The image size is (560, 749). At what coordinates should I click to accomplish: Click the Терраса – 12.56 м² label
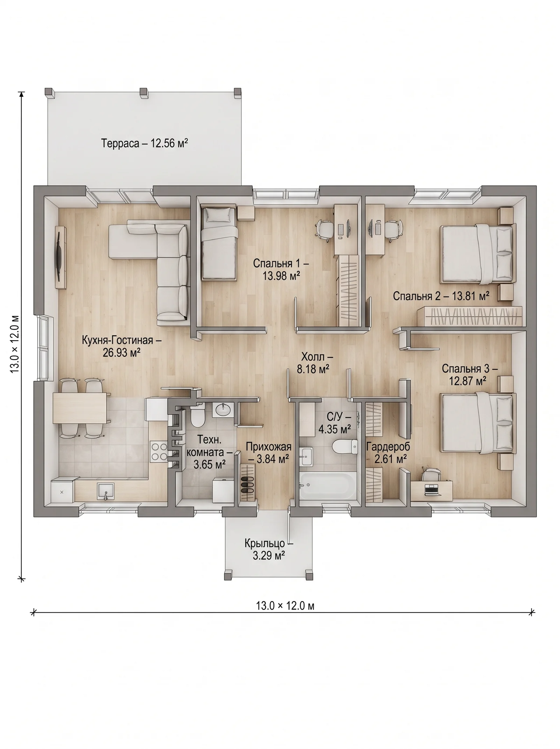[x=145, y=143]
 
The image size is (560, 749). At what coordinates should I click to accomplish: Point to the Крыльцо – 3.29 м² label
[x=269, y=549]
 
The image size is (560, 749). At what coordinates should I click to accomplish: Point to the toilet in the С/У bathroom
[x=344, y=447]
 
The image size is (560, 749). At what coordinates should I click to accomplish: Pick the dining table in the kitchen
[x=80, y=408]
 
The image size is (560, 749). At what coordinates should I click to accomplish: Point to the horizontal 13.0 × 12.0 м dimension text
[x=285, y=605]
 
